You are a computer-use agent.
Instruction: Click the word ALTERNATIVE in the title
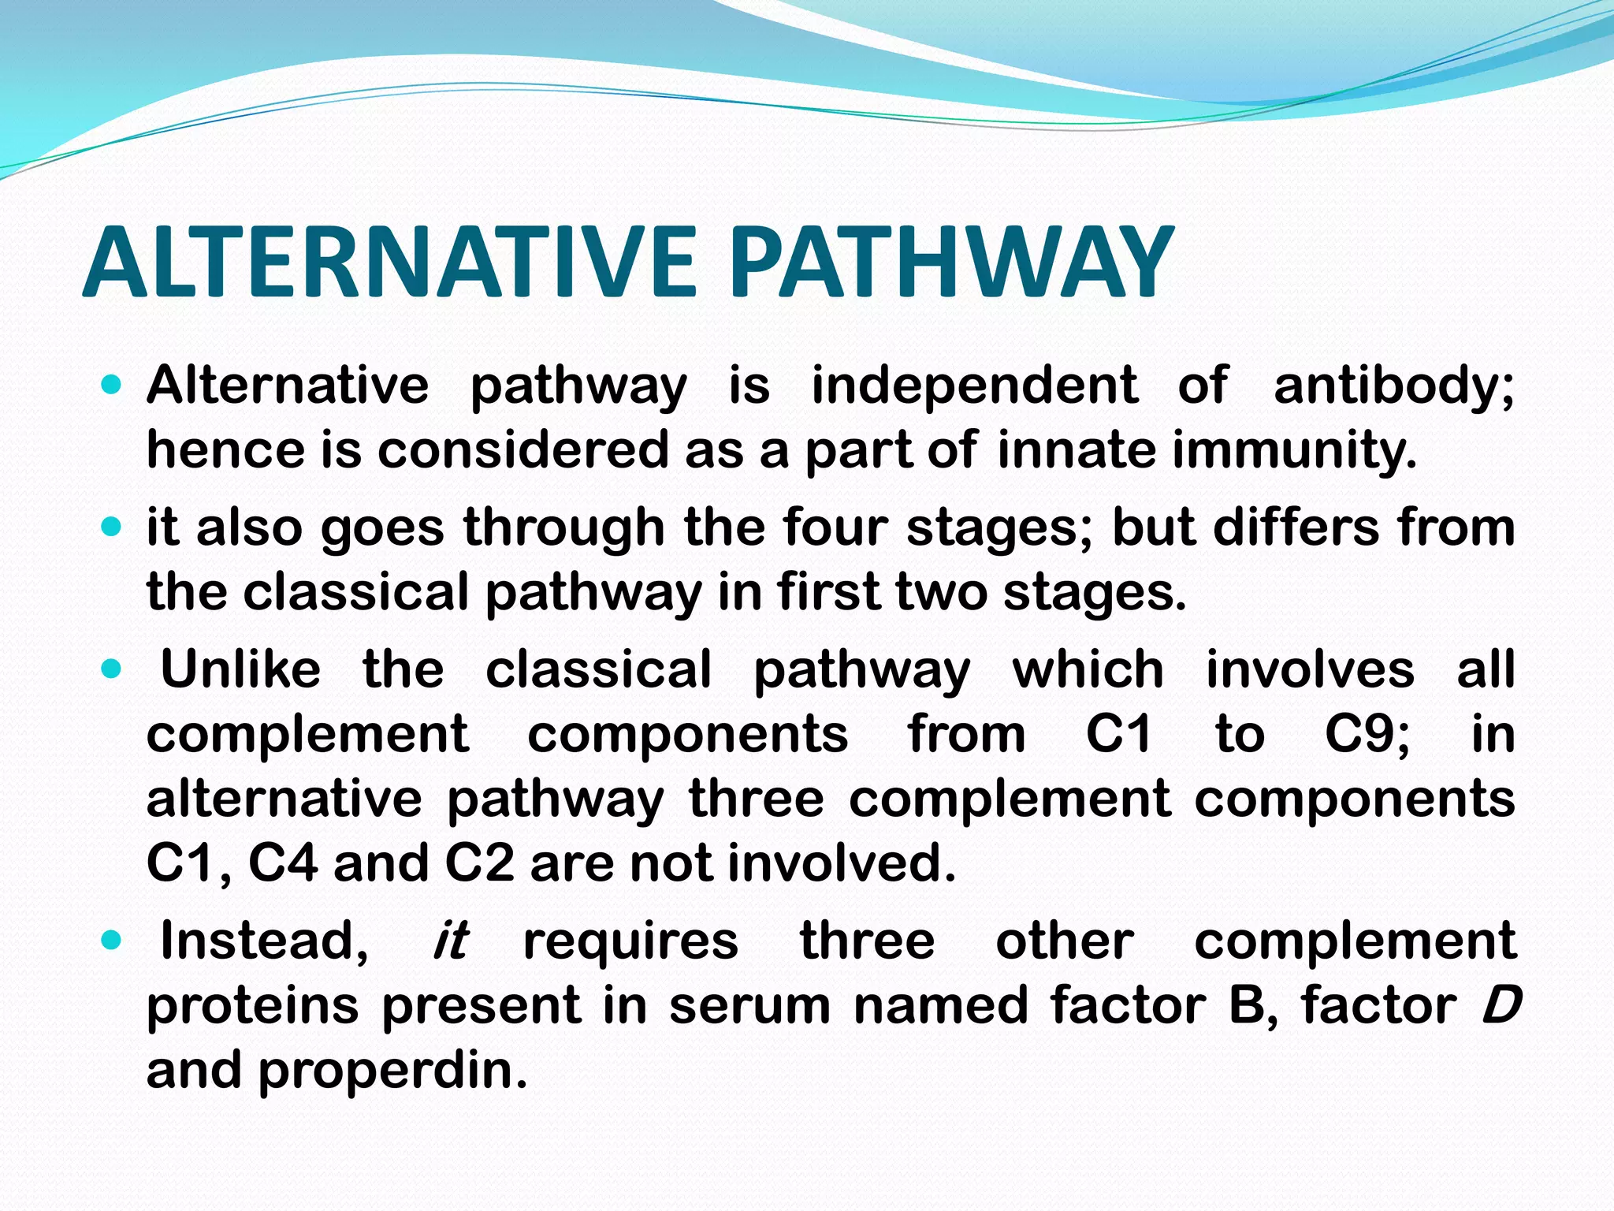pos(389,262)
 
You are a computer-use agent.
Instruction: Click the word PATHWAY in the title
pos(952,262)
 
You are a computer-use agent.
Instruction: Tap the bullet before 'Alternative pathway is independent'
pos(112,386)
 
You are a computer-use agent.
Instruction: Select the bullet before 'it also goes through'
pos(112,527)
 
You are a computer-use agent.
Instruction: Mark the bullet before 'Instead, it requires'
pos(112,941)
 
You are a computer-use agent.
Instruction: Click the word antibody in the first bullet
pos(1393,386)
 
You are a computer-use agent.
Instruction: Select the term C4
pos(283,863)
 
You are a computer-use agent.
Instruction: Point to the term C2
pos(479,863)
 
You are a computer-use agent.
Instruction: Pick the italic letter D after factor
pos(1501,1006)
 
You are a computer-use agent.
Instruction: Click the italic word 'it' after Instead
pos(451,941)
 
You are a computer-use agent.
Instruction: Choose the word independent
pos(975,386)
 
